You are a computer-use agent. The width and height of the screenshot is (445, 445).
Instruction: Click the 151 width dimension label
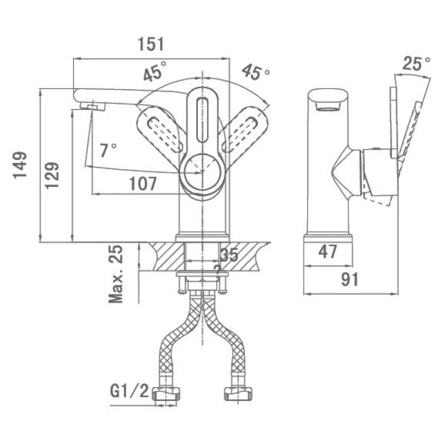151,44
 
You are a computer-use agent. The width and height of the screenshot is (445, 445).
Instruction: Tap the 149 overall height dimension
20,165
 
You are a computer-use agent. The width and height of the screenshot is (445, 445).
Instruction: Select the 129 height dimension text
52,175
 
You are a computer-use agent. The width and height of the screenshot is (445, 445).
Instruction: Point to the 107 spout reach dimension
143,184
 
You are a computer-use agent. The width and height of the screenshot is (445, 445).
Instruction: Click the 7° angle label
108,150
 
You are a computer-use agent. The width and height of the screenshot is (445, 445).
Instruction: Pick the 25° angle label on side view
416,63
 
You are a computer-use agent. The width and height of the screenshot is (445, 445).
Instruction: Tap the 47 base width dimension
328,251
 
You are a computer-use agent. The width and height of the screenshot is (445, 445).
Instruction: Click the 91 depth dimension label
350,279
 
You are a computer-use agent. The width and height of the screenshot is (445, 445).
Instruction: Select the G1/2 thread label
130,392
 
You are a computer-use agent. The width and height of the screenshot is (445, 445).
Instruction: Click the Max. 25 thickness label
116,274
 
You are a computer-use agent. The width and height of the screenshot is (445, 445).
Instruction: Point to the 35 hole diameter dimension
229,255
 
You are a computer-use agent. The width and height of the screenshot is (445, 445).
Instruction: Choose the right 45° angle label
256,72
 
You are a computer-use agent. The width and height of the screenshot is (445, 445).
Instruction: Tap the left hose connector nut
167,393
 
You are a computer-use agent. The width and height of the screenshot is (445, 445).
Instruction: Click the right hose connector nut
238,393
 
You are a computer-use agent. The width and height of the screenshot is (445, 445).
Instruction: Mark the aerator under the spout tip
93,106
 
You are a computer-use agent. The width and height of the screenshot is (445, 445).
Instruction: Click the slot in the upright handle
202,120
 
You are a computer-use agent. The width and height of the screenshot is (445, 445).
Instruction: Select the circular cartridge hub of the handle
202,171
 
